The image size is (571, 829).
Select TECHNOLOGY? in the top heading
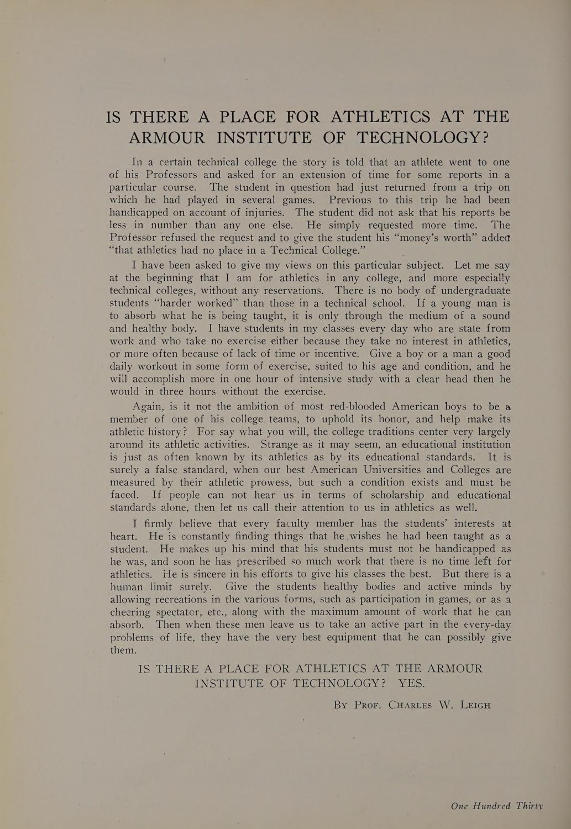(423, 137)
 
